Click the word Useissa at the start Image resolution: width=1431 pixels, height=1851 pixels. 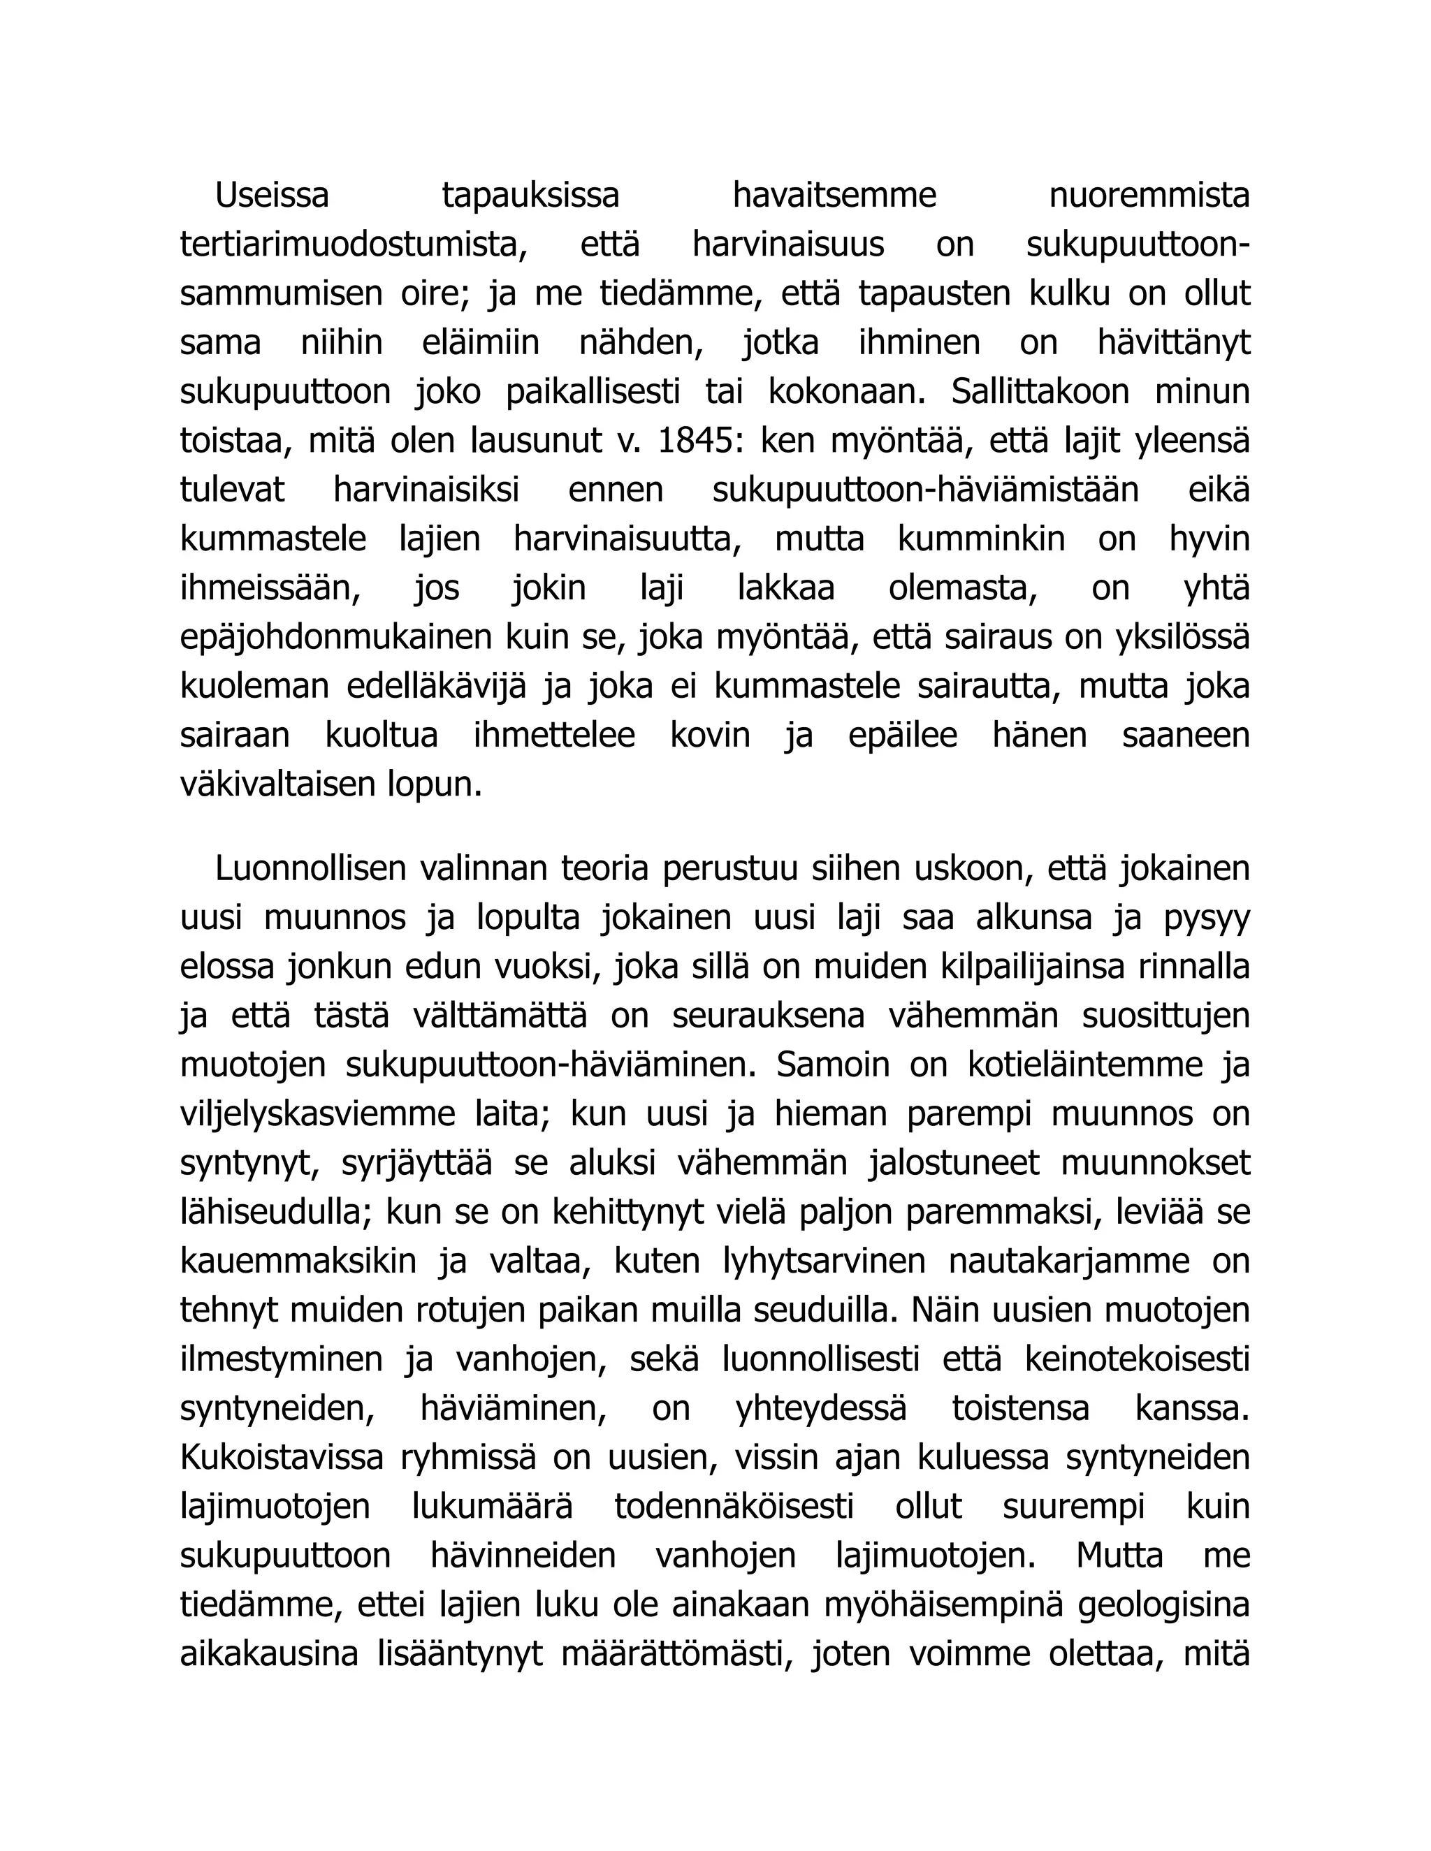(271, 196)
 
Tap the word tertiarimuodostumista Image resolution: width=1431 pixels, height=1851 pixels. (354, 245)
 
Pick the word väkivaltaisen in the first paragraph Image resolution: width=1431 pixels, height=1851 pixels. (277, 785)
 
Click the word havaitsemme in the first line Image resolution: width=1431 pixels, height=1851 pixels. (834, 196)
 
